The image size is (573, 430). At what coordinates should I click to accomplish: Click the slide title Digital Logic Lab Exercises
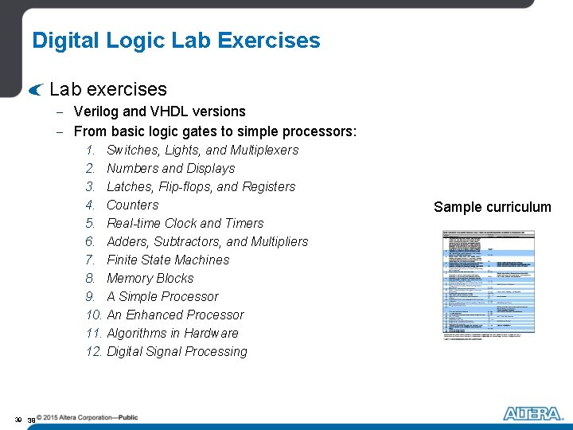(x=176, y=41)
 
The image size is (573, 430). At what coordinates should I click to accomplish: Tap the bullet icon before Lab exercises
(x=34, y=90)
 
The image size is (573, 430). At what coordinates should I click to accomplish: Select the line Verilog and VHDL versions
(x=159, y=111)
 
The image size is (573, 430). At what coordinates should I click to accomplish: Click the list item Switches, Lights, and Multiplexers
(x=202, y=150)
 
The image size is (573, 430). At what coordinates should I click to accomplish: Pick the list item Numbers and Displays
(x=170, y=168)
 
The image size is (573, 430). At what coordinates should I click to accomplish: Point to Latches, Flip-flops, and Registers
(x=201, y=186)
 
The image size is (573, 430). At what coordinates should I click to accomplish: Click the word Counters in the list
(x=132, y=205)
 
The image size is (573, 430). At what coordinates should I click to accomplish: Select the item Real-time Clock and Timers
(x=185, y=223)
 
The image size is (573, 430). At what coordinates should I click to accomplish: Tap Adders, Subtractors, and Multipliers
(x=207, y=241)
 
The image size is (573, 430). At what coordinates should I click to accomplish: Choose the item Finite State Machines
(x=167, y=260)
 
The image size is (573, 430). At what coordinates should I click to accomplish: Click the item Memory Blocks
(x=150, y=278)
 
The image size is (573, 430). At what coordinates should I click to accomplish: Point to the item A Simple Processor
(x=162, y=296)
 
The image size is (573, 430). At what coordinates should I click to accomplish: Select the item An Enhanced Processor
(x=175, y=315)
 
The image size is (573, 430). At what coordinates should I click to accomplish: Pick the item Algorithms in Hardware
(x=172, y=333)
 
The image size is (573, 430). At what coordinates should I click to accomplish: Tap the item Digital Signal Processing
(x=177, y=351)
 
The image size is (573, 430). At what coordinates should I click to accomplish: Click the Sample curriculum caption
(x=492, y=207)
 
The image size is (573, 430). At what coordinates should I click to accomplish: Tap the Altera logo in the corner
(x=532, y=413)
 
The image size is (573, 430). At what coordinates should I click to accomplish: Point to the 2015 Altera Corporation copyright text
(x=81, y=417)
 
